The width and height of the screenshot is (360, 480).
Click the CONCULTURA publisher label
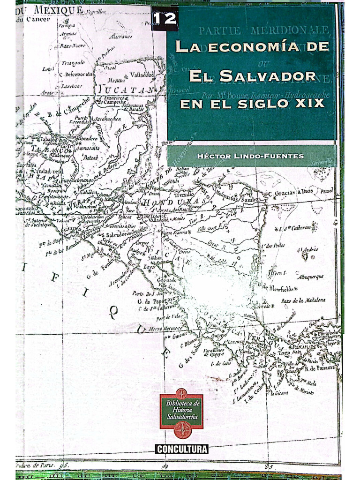182,449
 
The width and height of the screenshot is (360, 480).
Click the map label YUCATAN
124,89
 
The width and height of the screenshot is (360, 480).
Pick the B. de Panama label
321,368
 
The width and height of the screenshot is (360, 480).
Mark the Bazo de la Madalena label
303,300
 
